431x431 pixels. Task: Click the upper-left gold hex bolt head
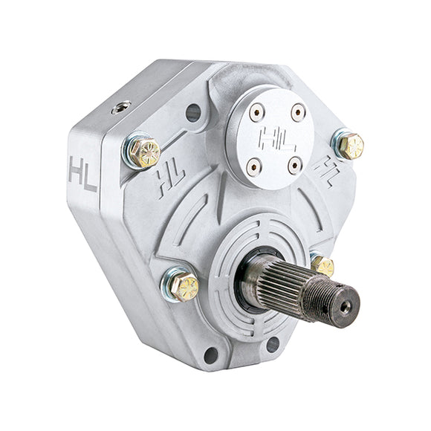(x=145, y=152)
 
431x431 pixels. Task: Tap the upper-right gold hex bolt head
(x=351, y=146)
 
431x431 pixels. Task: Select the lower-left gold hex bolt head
(x=184, y=287)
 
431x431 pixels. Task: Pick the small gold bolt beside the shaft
(x=323, y=266)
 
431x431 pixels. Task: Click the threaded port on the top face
(x=121, y=108)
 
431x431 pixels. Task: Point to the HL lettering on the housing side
(x=82, y=174)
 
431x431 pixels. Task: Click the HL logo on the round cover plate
(x=277, y=139)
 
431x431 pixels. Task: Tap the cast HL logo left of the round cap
(x=171, y=180)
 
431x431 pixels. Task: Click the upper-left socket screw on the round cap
(x=257, y=112)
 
